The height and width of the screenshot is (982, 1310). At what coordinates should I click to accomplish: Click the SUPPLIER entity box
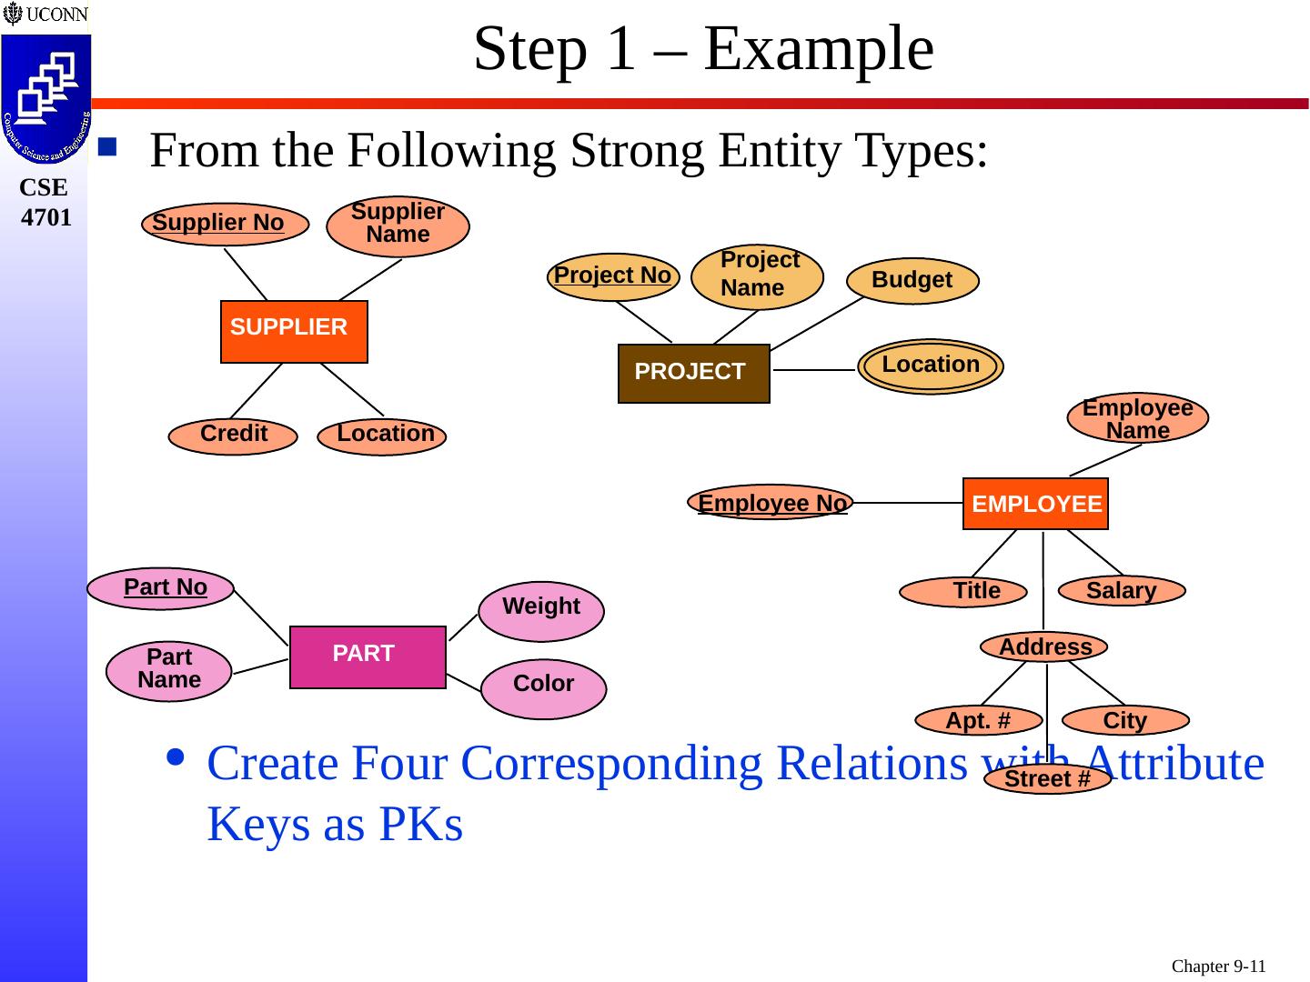[x=294, y=332]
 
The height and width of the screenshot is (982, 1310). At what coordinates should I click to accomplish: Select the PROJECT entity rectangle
[x=693, y=373]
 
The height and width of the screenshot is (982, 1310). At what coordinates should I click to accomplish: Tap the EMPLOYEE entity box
[x=1035, y=504]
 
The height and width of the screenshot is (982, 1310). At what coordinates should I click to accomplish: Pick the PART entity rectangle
[x=368, y=657]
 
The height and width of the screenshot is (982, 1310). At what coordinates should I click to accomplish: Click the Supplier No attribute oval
[x=225, y=225]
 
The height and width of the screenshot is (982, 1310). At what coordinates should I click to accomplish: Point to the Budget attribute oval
[x=912, y=281]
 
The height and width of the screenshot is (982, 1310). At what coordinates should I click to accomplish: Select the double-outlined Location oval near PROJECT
[x=931, y=366]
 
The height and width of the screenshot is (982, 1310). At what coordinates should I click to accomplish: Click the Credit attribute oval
[x=233, y=436]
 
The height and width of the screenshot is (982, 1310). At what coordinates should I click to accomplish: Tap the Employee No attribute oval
[x=771, y=502]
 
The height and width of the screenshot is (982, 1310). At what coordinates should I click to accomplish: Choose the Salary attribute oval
[x=1122, y=591]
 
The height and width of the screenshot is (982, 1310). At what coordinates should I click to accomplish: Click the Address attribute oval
[x=1043, y=646]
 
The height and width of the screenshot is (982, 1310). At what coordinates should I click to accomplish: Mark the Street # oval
[x=1047, y=778]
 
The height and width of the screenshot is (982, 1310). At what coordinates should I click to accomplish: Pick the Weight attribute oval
[x=541, y=611]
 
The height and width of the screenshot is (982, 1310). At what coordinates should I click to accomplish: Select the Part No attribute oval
[x=160, y=588]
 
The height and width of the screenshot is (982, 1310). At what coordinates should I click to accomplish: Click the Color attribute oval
[x=544, y=688]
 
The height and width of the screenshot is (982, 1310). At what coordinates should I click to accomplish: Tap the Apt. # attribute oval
[x=979, y=720]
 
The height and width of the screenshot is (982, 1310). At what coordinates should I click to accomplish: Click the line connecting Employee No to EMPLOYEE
[x=908, y=503]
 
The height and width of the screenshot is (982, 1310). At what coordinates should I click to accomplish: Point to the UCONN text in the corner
[x=56, y=14]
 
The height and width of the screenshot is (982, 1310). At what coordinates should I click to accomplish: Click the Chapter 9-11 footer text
[x=1218, y=966]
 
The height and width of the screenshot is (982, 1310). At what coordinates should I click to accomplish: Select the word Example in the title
[x=819, y=51]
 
